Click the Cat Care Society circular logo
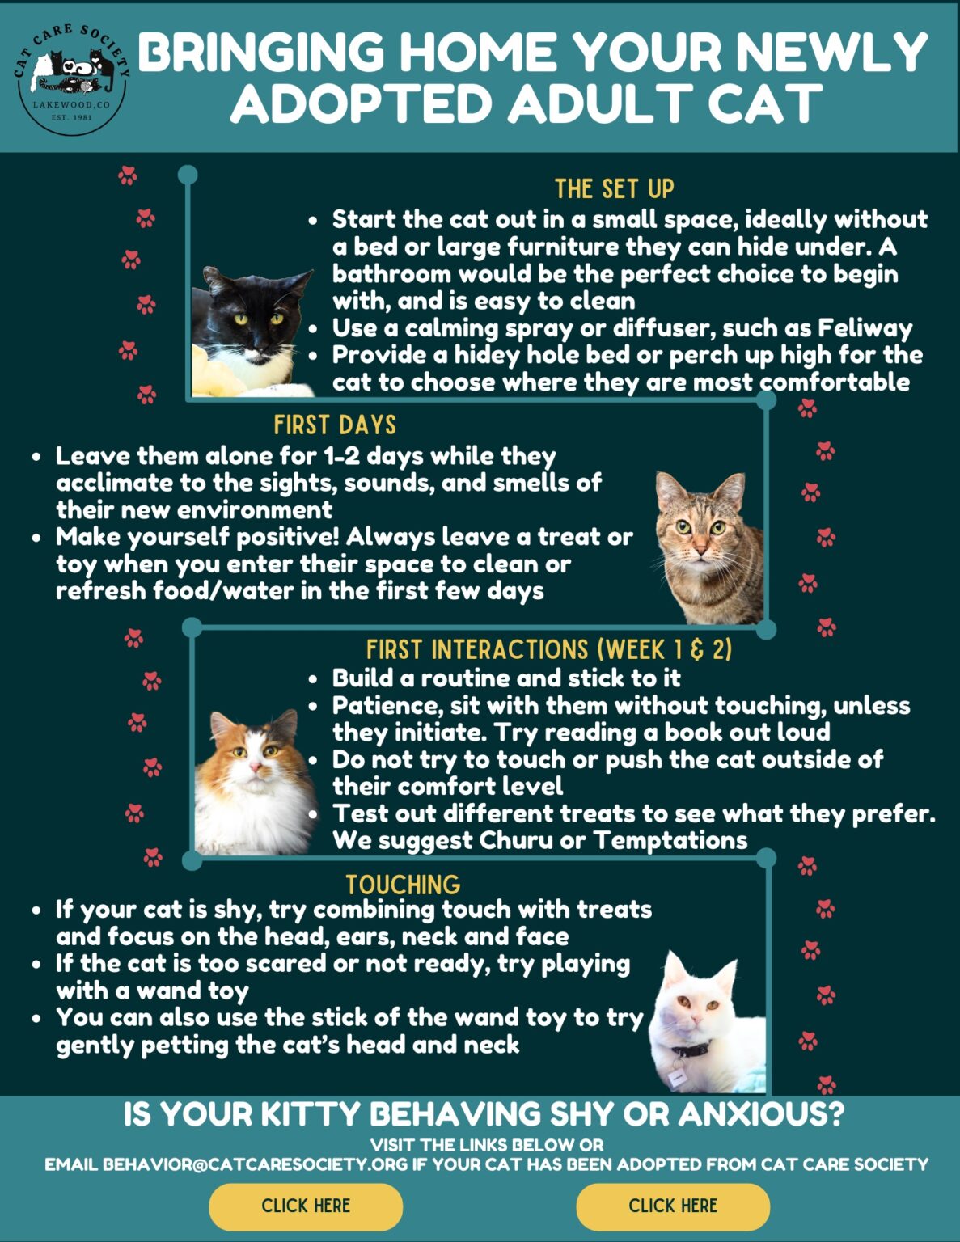tap(72, 78)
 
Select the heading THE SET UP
tap(614, 189)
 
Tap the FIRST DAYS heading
tap(335, 425)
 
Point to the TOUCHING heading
tap(403, 884)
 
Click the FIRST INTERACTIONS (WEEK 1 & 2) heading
tap(548, 650)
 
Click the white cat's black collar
tap(691, 1050)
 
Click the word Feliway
tap(865, 328)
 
